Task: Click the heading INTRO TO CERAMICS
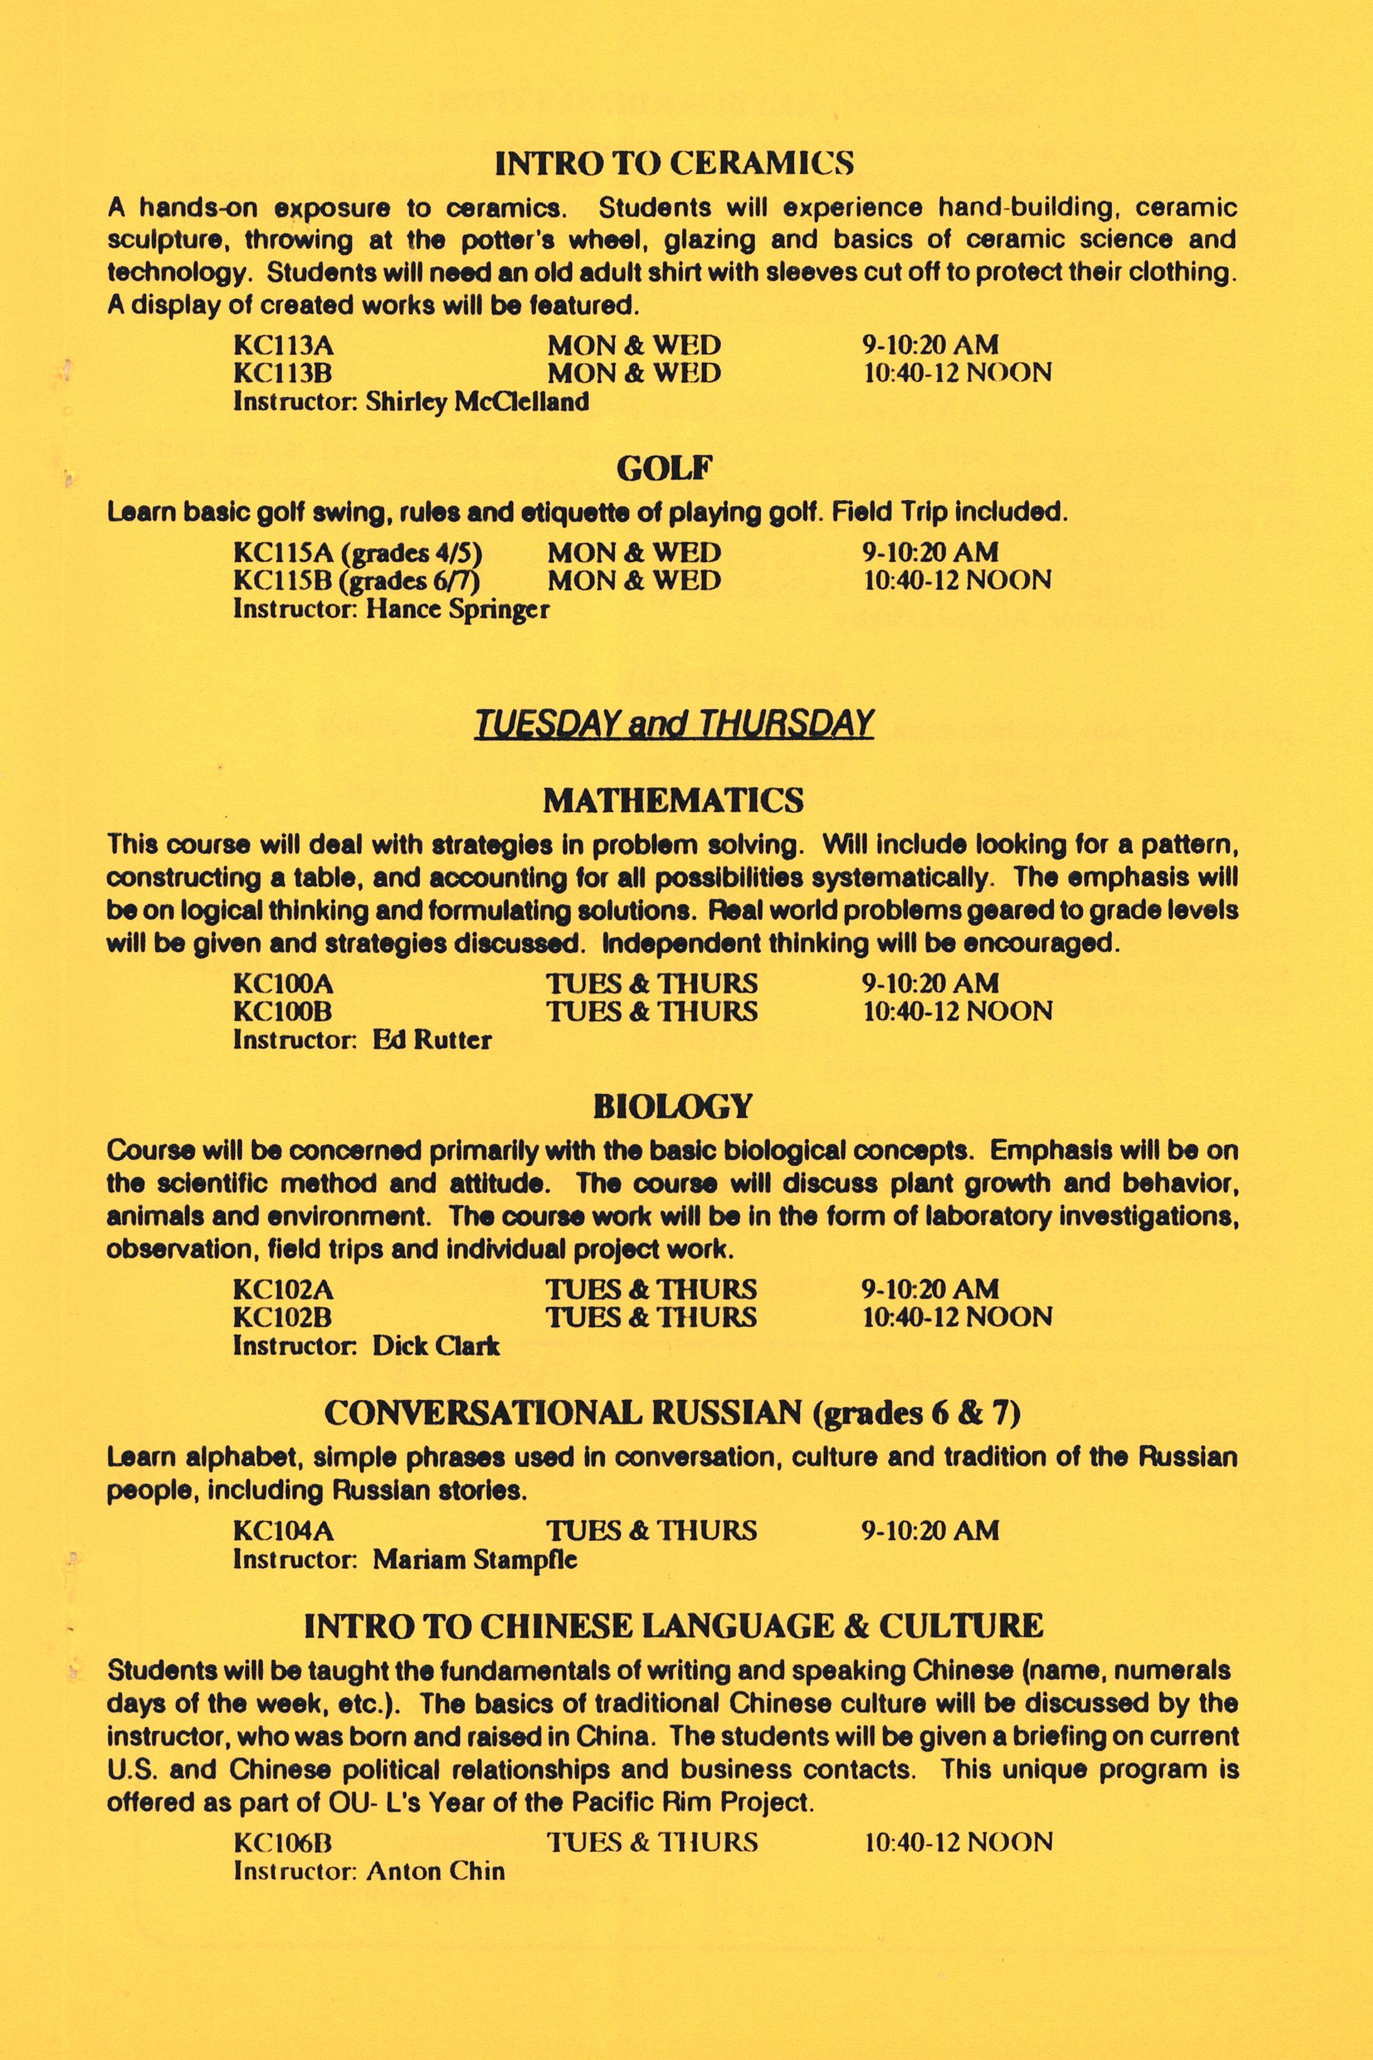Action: pyautogui.click(x=674, y=163)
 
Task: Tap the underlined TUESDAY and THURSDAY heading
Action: pyautogui.click(x=674, y=724)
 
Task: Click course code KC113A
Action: pyautogui.click(x=284, y=345)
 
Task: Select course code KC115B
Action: pyautogui.click(x=284, y=581)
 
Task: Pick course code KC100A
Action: pyautogui.click(x=284, y=983)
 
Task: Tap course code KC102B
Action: pyautogui.click(x=283, y=1318)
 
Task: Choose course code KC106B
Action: pyautogui.click(x=283, y=1843)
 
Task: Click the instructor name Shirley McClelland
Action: pyautogui.click(x=477, y=402)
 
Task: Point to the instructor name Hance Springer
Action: pyautogui.click(x=457, y=610)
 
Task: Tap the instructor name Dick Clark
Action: pyautogui.click(x=436, y=1346)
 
